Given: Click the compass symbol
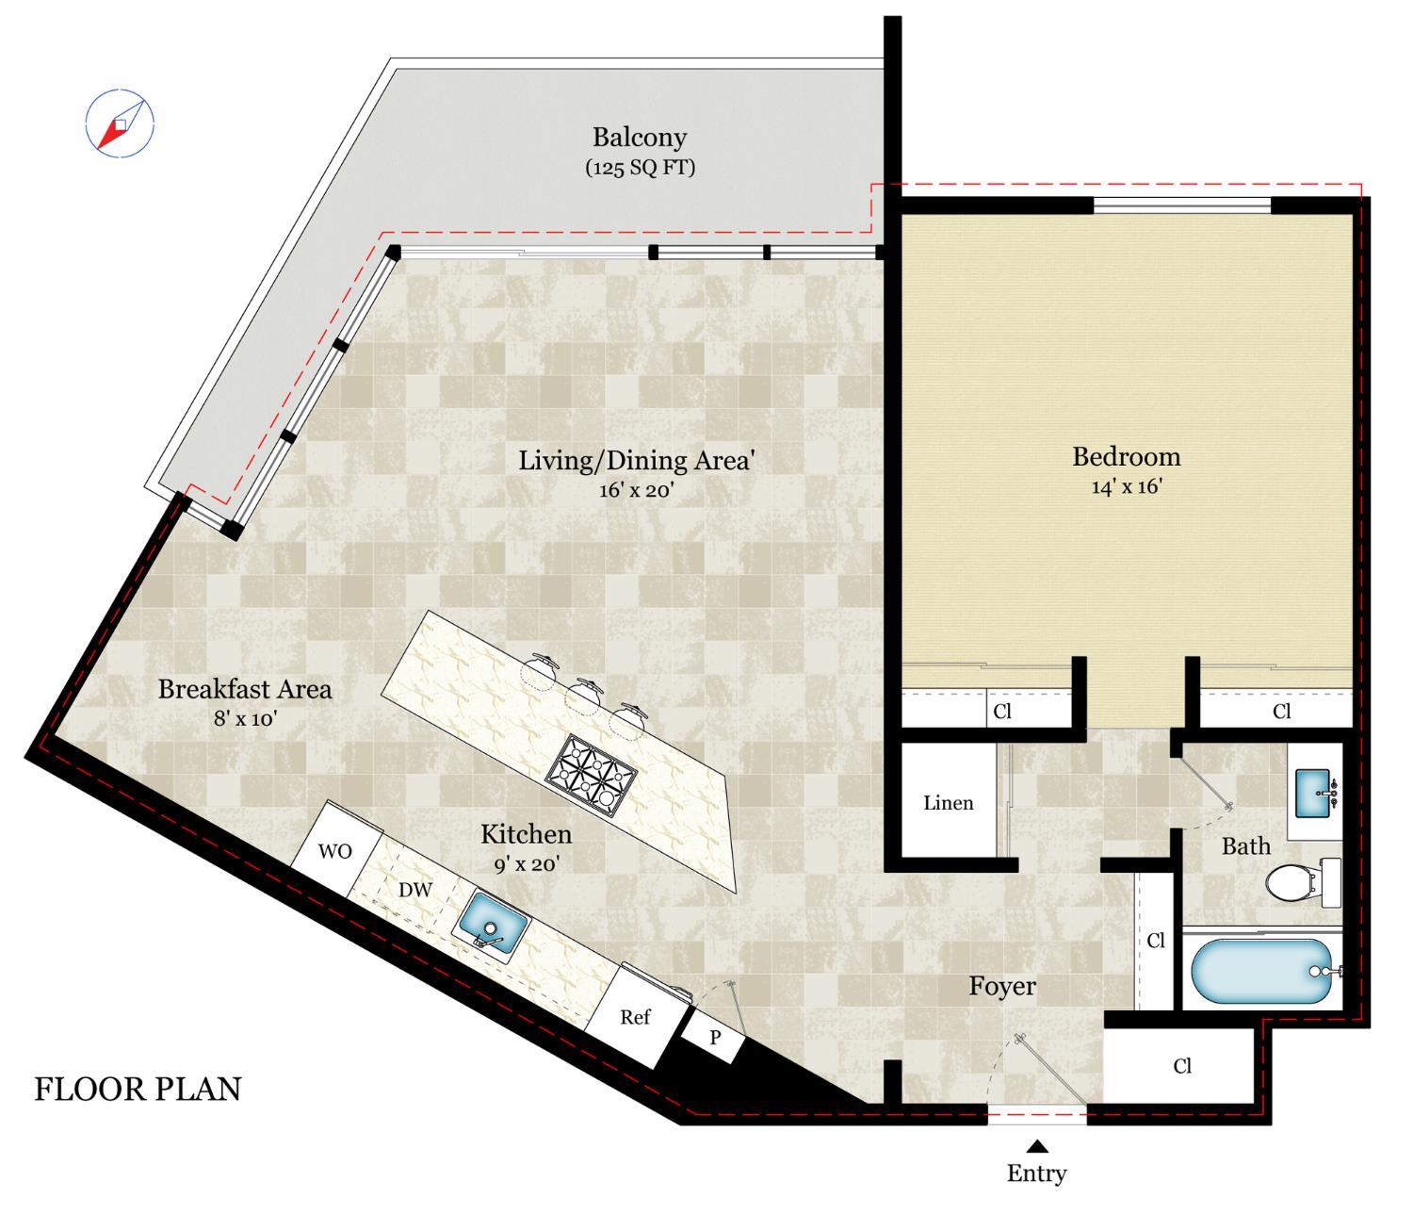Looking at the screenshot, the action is (120, 123).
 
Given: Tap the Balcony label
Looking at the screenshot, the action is (640, 138).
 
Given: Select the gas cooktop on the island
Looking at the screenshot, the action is (592, 776).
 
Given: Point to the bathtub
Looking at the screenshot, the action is (1262, 971).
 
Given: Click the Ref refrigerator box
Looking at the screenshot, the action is (636, 1017).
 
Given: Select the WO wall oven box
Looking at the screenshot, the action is (335, 850).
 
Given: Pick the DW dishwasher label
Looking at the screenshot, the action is (414, 890).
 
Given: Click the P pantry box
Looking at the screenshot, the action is (714, 1039).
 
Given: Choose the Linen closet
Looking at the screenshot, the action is (949, 802).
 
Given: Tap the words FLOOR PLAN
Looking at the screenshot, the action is (138, 1090).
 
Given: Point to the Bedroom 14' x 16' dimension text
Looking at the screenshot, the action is (1127, 486).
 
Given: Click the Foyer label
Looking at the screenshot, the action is (1002, 986).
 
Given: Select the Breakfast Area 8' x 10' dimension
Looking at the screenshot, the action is (244, 719).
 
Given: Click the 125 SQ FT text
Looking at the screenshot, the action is (640, 168).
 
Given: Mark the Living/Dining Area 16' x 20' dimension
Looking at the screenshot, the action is (637, 490).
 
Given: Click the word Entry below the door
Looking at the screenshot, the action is (1036, 1173).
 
